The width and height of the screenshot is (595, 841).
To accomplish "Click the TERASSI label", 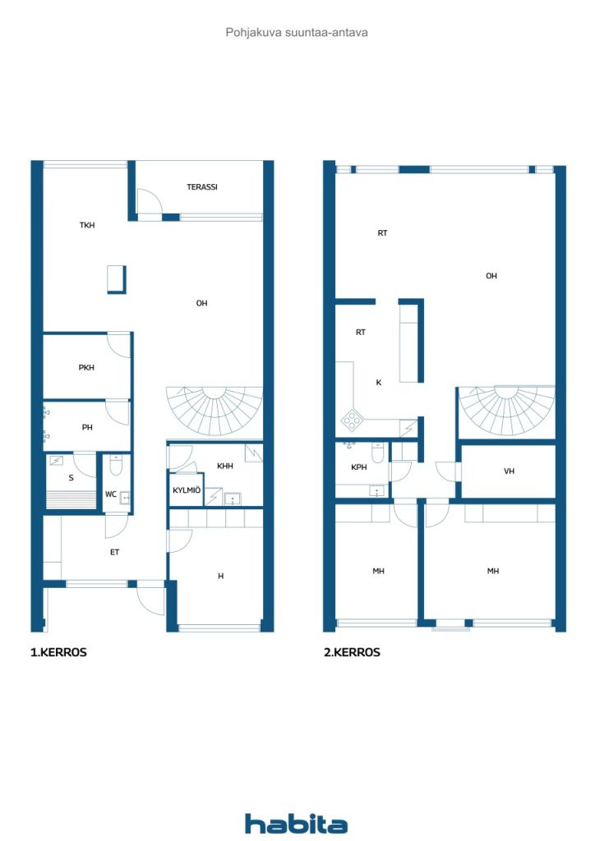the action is click(x=201, y=187).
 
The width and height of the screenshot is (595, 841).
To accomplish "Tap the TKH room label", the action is click(x=87, y=225).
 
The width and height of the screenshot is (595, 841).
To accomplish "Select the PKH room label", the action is click(x=86, y=367).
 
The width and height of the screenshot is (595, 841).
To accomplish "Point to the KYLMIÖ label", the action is click(x=187, y=490).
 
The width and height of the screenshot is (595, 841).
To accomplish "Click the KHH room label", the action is click(x=225, y=466).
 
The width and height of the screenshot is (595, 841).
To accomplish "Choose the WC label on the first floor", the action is click(x=110, y=494).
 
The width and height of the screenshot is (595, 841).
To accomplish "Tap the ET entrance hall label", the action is click(x=114, y=552).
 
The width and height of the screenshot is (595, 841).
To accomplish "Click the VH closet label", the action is click(x=509, y=471).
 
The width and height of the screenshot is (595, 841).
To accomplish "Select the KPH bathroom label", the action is click(x=358, y=467).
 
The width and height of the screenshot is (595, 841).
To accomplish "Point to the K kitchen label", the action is click(x=379, y=383).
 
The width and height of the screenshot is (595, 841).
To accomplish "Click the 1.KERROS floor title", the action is click(x=58, y=652).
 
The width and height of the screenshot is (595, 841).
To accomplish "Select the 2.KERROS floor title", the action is click(x=352, y=652).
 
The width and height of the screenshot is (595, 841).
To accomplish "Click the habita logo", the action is click(x=296, y=823).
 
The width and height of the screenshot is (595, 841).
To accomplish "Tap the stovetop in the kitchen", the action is click(x=352, y=420).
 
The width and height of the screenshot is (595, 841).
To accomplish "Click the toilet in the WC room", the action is click(x=116, y=465).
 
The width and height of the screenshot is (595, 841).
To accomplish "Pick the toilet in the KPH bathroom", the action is click(x=378, y=453).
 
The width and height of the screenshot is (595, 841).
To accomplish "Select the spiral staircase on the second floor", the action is click(x=507, y=411).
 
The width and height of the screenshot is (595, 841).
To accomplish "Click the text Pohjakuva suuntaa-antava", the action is click(x=297, y=33).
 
